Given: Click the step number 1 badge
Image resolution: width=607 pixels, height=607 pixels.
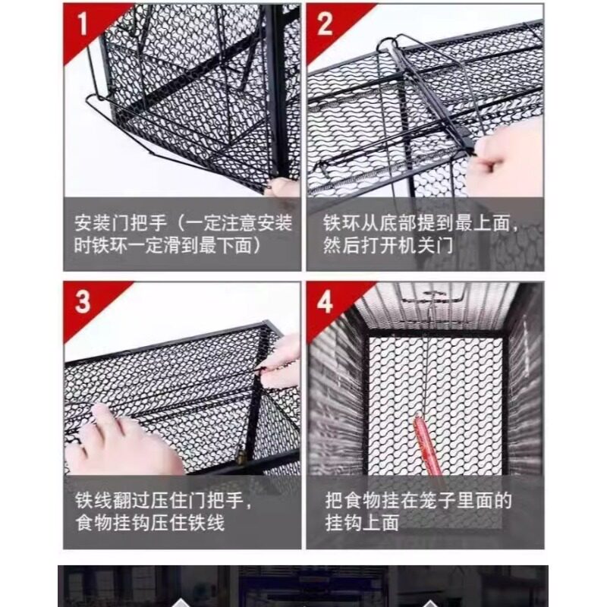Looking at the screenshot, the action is tap(83, 24).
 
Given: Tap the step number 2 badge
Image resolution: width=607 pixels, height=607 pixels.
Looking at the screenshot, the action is tap(325, 24).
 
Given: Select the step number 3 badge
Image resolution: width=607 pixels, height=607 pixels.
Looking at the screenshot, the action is tap(83, 301).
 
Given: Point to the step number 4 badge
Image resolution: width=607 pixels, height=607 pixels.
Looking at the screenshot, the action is tap(325, 301).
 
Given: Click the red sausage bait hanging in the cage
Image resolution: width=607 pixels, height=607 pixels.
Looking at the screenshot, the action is tap(427, 445).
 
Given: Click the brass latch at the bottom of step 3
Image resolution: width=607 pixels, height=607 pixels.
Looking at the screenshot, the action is tap(241, 457).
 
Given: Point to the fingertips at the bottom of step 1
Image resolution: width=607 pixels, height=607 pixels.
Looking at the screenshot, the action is tap(283, 187).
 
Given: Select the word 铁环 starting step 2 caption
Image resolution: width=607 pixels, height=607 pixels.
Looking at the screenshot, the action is tap(342, 223).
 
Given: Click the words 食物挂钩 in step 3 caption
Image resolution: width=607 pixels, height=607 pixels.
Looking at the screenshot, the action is tap(112, 523).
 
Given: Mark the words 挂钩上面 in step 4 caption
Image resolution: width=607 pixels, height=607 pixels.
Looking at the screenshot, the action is tap(362, 523).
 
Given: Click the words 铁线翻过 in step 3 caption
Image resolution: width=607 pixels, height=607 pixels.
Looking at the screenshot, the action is tap(112, 500).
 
